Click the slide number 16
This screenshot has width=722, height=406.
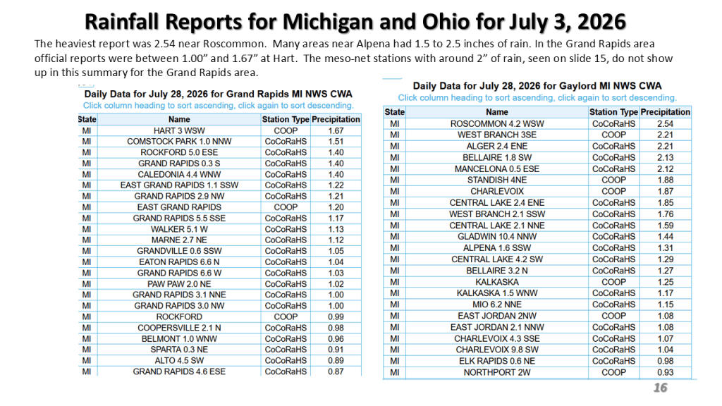pos(660,388)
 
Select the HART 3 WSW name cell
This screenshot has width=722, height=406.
pos(179,130)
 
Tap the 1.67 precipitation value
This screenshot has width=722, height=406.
pos(336,130)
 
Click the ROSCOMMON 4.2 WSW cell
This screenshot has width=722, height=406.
pos(497,124)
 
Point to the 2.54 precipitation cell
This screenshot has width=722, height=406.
pos(665,124)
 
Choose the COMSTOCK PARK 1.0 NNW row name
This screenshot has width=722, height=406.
pos(179,141)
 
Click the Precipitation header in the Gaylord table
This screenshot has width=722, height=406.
pos(665,112)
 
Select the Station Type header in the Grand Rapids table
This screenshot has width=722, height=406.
pos(286,119)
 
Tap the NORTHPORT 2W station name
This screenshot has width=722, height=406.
pos(497,372)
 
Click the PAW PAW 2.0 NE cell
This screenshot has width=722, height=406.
pos(179,284)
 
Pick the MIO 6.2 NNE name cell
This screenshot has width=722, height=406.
pos(497,304)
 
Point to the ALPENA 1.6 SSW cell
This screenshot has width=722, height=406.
pos(497,247)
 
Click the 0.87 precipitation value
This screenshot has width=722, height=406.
pos(336,371)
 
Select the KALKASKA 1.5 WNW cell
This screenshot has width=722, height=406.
pos(497,293)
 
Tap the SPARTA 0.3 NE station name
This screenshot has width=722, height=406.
pos(179,350)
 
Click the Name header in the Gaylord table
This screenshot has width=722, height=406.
pos(497,112)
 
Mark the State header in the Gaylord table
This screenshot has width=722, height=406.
pos(395,112)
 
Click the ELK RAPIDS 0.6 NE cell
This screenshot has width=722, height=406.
pos(497,361)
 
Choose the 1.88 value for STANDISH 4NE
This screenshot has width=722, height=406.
pos(665,180)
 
